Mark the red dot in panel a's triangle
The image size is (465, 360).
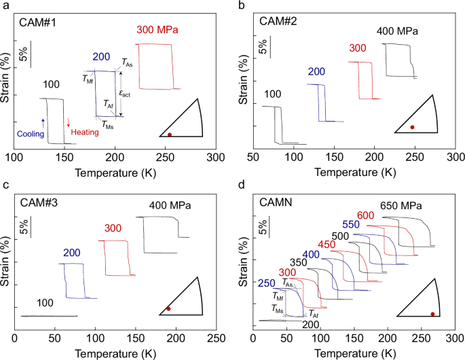click(170, 134)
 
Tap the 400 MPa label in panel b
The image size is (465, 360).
click(397, 31)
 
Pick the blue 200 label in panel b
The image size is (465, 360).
click(316, 72)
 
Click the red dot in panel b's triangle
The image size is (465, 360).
click(412, 127)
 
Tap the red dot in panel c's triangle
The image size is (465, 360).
click(168, 309)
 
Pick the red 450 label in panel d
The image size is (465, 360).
click(327, 245)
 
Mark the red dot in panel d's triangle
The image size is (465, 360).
click(432, 314)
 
